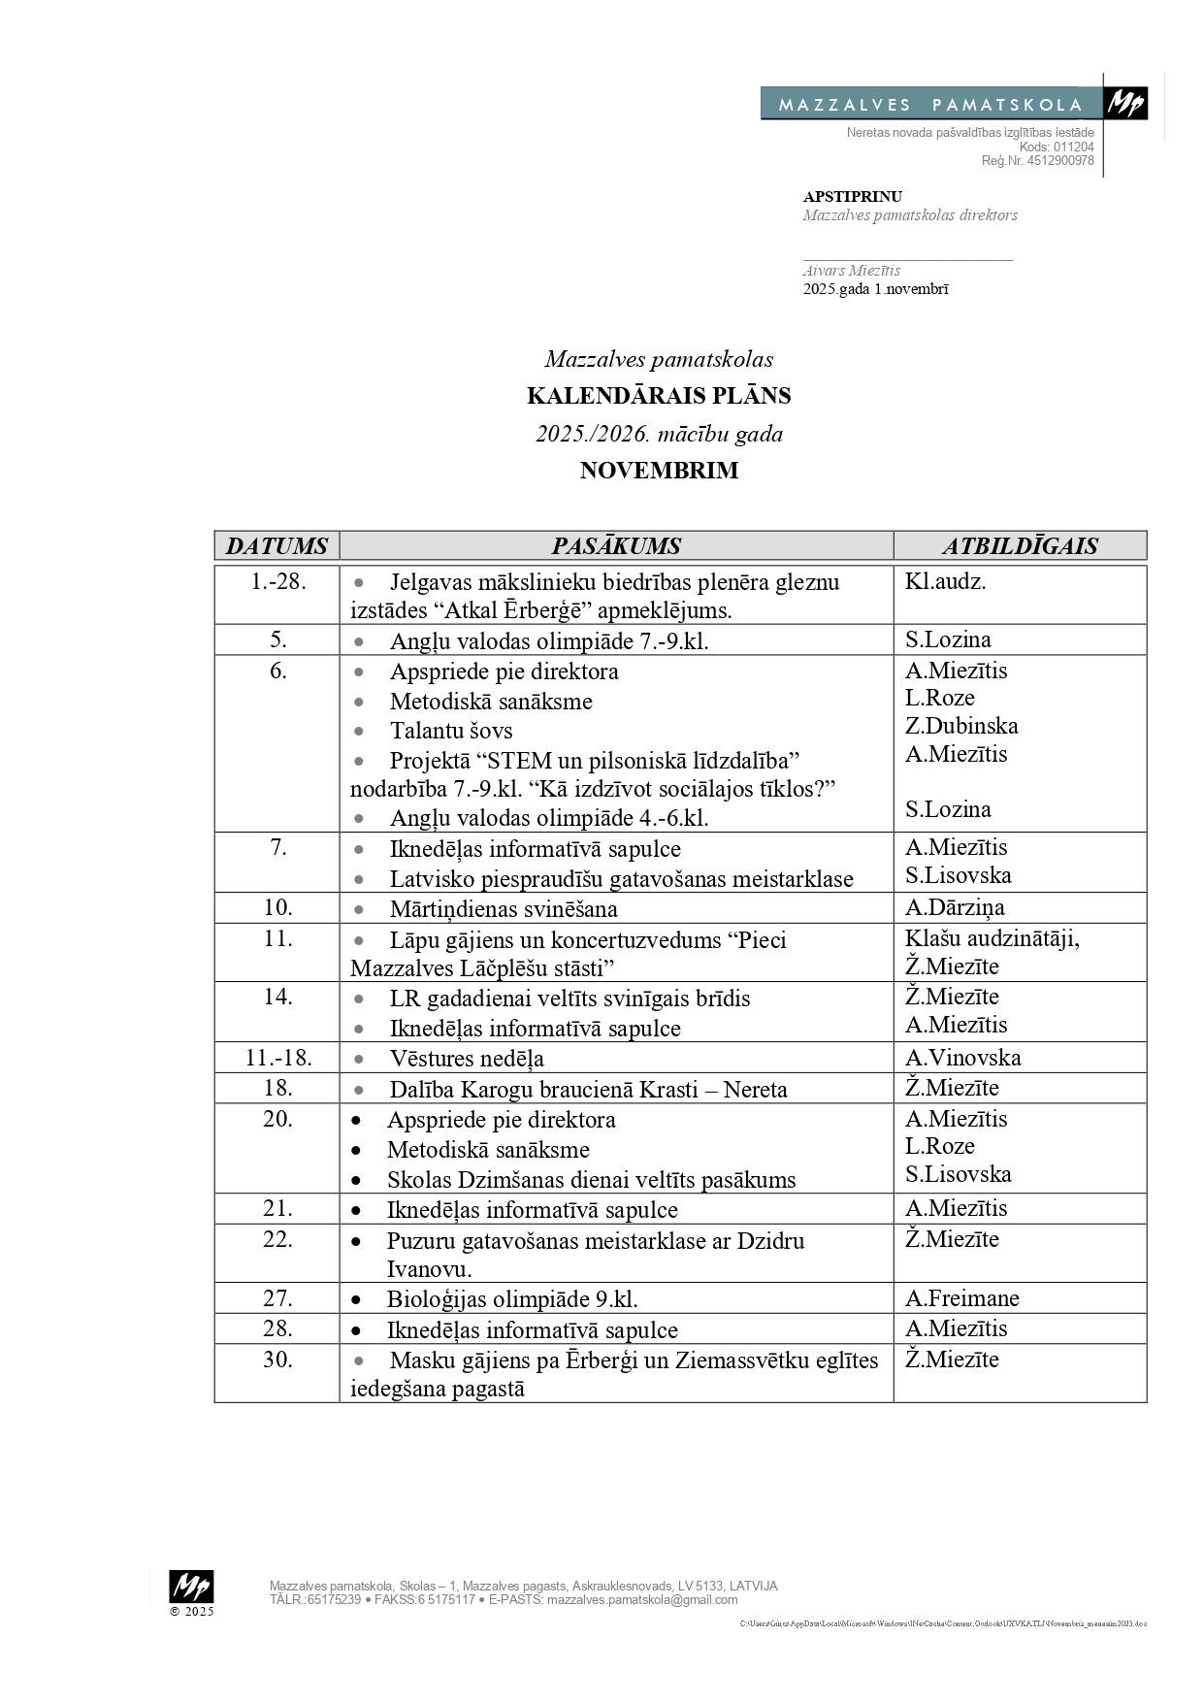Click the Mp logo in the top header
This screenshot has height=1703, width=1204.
click(1125, 103)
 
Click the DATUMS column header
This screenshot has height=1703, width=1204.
click(277, 545)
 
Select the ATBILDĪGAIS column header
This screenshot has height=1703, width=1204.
click(1020, 545)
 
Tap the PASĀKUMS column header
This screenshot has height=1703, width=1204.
click(616, 545)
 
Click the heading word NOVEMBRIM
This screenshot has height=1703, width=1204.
click(659, 471)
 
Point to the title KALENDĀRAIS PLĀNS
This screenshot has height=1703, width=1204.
click(659, 396)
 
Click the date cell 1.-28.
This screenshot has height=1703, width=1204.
click(277, 582)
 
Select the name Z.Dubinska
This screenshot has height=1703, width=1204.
click(961, 726)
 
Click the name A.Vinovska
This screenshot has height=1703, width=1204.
click(962, 1058)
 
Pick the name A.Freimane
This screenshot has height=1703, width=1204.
click(961, 1298)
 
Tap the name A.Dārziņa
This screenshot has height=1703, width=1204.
click(955, 907)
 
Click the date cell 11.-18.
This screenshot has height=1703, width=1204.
click(277, 1058)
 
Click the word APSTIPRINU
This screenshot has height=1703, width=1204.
click(852, 197)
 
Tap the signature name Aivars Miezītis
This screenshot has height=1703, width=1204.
click(851, 271)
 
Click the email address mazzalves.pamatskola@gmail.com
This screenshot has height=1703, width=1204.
click(641, 1600)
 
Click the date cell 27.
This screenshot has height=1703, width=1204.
click(277, 1298)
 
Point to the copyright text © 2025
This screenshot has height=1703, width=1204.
click(191, 1612)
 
